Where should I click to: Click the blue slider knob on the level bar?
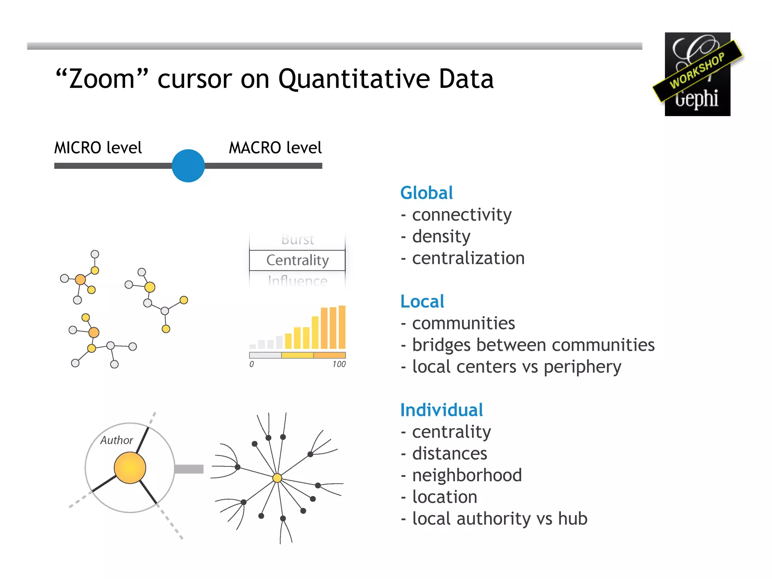tap(188, 166)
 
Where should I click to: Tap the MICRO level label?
tap(98, 147)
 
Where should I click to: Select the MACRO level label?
tap(275, 147)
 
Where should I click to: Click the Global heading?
tap(426, 193)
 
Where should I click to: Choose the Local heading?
tap(422, 302)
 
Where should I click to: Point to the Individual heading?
tap(441, 410)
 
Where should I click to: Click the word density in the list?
tap(441, 237)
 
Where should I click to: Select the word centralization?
tap(468, 258)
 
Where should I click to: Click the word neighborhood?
tap(467, 475)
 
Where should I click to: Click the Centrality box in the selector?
tap(297, 260)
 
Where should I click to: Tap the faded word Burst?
tap(297, 239)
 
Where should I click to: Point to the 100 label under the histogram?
tap(339, 364)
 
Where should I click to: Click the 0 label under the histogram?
tap(251, 364)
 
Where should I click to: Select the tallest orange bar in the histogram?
tap(342, 327)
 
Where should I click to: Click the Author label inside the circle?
tap(116, 440)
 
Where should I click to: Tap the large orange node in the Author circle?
tap(130, 468)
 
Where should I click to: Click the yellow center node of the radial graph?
tap(277, 478)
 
